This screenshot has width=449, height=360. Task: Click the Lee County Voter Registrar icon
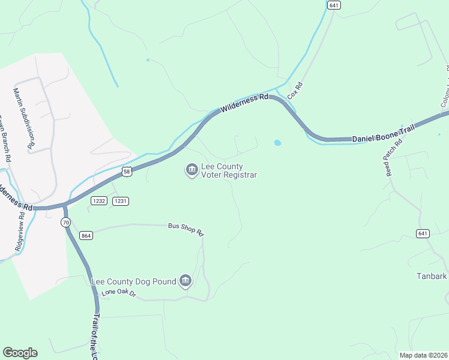[191, 170]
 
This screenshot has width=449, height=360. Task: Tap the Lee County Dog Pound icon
[185, 281]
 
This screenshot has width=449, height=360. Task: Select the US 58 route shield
[126, 172]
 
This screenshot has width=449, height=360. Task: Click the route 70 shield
[65, 222]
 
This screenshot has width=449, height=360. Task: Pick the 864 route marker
[86, 236]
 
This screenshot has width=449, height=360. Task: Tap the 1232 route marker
[99, 201]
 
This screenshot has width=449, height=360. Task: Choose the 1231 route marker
[121, 201]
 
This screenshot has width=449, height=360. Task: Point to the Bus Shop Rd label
[186, 229]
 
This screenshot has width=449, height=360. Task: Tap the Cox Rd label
[294, 91]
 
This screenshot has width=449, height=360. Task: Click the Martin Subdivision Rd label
[24, 118]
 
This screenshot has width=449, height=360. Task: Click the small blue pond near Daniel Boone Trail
[277, 143]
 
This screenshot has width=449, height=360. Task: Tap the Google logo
[20, 353]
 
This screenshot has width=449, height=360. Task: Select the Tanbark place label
[432, 277]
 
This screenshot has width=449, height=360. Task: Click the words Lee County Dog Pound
[133, 281]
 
